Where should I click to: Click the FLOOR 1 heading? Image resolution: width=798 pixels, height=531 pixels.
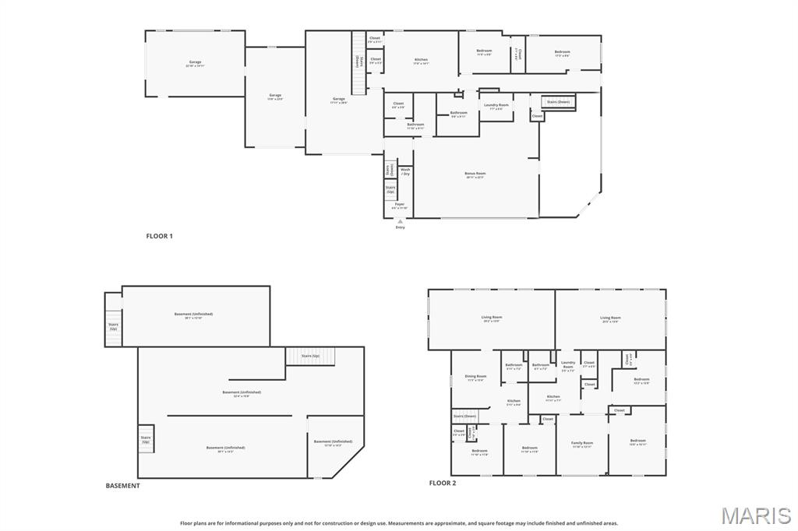[x=159, y=235]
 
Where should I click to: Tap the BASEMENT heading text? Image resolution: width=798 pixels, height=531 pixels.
[x=123, y=486]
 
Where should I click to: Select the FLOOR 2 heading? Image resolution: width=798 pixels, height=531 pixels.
[x=442, y=483]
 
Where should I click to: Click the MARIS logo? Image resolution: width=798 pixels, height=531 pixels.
[x=756, y=515]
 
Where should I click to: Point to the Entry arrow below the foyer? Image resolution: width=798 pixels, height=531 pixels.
[x=401, y=221]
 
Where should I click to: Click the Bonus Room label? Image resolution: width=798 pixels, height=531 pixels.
[x=475, y=174]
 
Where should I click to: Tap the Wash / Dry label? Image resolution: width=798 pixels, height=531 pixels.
[x=405, y=171]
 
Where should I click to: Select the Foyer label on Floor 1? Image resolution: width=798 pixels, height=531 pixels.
[x=400, y=204]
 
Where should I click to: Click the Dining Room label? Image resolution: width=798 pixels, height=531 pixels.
[x=475, y=376]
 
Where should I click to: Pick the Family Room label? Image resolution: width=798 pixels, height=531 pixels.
[x=582, y=443]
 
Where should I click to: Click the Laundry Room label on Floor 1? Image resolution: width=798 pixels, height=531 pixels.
[x=496, y=105]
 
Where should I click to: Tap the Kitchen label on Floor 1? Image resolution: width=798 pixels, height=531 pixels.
[x=421, y=60]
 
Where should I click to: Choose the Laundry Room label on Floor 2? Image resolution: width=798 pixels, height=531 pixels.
[x=568, y=364]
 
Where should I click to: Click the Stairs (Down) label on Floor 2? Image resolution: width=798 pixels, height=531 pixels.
[x=464, y=417]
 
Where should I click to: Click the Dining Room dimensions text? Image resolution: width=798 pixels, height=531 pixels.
[x=475, y=381]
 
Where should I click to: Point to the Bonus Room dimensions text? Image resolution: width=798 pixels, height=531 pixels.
[x=475, y=178]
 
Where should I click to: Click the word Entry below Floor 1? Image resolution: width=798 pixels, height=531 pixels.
[x=401, y=227]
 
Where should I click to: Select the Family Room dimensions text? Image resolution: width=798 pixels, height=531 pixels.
[x=582, y=447]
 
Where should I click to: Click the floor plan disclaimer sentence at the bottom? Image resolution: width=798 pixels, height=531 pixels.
[x=399, y=523]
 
